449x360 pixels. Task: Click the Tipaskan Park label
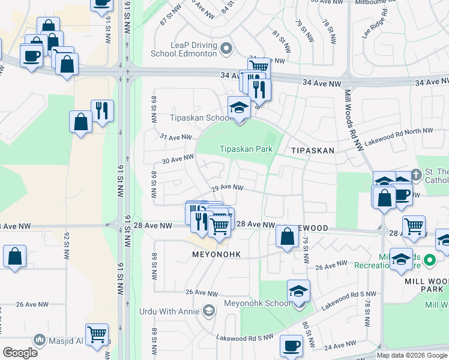pos(246,149)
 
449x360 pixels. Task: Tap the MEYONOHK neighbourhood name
pos(216,254)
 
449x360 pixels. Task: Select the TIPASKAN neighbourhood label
pos(312,151)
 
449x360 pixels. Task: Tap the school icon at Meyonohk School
pos(298,291)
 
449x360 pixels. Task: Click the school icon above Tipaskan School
pos(239,107)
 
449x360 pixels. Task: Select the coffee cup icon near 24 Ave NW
pos(292,346)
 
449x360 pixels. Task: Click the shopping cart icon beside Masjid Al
pos(97,334)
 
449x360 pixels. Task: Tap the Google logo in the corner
pos(20,353)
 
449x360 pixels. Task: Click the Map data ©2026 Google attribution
pos(412,355)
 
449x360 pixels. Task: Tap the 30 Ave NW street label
pos(178,159)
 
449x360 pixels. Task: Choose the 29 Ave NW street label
pos(227,187)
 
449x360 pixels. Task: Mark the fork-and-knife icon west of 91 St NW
pos(102,110)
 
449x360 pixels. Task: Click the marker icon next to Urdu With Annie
pos(208,310)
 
